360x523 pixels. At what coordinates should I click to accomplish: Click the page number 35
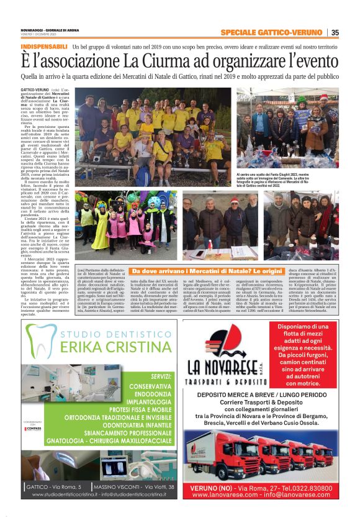coord(335,32)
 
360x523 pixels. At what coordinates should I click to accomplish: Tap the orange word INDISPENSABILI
coord(44,47)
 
